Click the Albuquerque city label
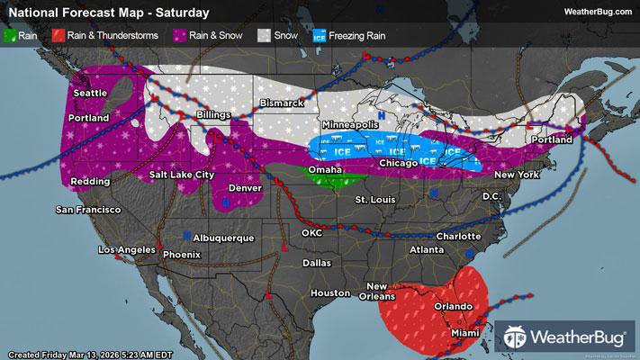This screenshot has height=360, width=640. [225, 237]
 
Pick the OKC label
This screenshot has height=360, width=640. [312, 232]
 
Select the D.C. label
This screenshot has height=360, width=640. [491, 195]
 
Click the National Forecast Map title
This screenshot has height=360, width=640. [107, 13]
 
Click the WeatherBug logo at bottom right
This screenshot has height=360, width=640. [567, 338]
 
